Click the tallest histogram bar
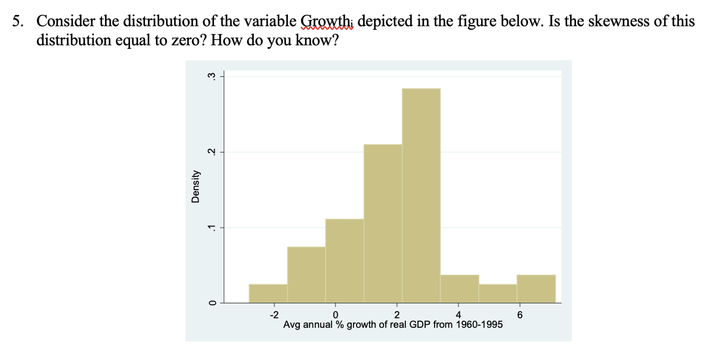[x=421, y=195]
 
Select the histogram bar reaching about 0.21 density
[x=383, y=224]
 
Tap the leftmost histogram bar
[x=268, y=293]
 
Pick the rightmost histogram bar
[x=536, y=288]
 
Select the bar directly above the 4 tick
[x=459, y=288]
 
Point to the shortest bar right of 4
[x=497, y=293]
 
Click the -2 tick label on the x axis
[x=273, y=314]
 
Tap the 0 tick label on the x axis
[x=336, y=314]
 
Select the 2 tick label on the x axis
[x=397, y=314]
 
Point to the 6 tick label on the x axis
[x=520, y=314]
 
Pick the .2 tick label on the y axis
[x=210, y=152]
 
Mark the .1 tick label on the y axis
[x=210, y=227]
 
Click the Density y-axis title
[x=195, y=186]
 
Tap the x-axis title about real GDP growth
[x=392, y=325]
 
